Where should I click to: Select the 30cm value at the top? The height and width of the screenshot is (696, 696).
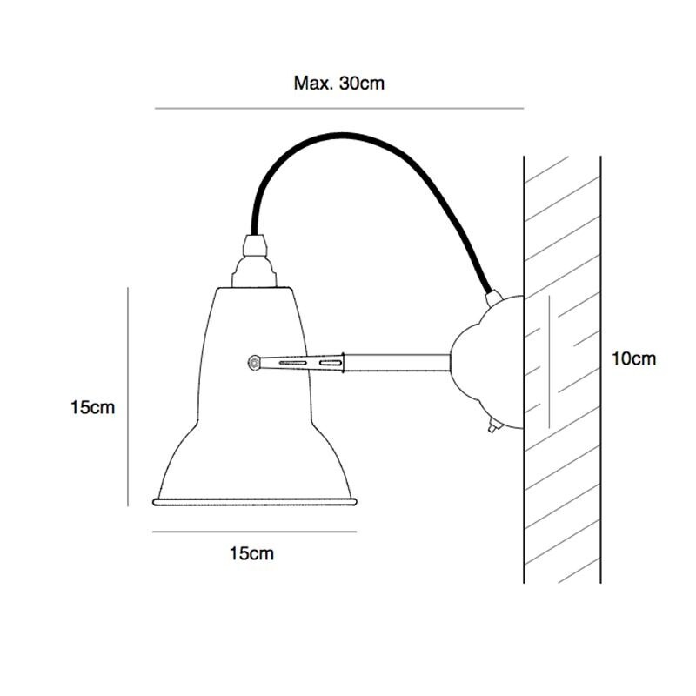[x=360, y=84]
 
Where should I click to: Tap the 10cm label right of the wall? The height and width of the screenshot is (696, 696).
[x=633, y=358]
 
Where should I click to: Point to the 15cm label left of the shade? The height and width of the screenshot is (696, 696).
[x=92, y=407]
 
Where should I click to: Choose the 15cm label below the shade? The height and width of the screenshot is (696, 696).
[x=251, y=553]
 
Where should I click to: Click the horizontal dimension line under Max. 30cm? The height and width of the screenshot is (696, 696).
[x=339, y=108]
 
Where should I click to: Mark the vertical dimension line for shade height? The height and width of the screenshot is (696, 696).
[x=128, y=396]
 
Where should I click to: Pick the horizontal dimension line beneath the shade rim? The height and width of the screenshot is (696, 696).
[x=254, y=531]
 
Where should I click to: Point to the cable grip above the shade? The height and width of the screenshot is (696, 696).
[x=254, y=248]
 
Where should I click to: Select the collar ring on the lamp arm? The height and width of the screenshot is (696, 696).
[x=343, y=360]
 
